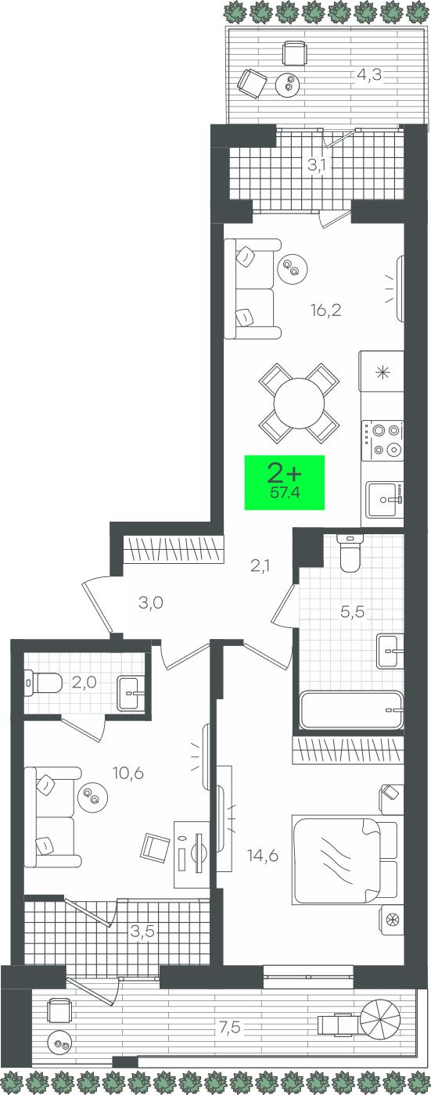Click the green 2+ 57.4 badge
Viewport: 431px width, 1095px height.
[x=285, y=482]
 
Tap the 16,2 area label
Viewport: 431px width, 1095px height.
[x=326, y=310]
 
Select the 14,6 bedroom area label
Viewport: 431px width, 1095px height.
[x=263, y=856]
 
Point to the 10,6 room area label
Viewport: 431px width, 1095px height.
[x=128, y=774]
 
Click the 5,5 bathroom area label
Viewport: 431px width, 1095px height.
[x=353, y=611]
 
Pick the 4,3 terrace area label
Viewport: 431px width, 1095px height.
[x=369, y=75]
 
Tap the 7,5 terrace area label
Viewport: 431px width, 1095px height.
[x=229, y=1028]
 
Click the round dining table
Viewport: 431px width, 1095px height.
[x=300, y=404]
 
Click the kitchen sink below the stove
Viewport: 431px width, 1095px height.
[x=385, y=499]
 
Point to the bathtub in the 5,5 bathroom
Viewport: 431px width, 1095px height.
[x=352, y=709]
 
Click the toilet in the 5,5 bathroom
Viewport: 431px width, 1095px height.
[x=350, y=553]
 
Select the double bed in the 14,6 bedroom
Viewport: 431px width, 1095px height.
[x=345, y=860]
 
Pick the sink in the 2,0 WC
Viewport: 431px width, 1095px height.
[x=131, y=692]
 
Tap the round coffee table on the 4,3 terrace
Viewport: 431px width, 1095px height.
[x=289, y=84]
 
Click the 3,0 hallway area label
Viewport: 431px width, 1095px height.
[x=150, y=603]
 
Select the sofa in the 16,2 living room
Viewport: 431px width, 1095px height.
[x=253, y=289]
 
